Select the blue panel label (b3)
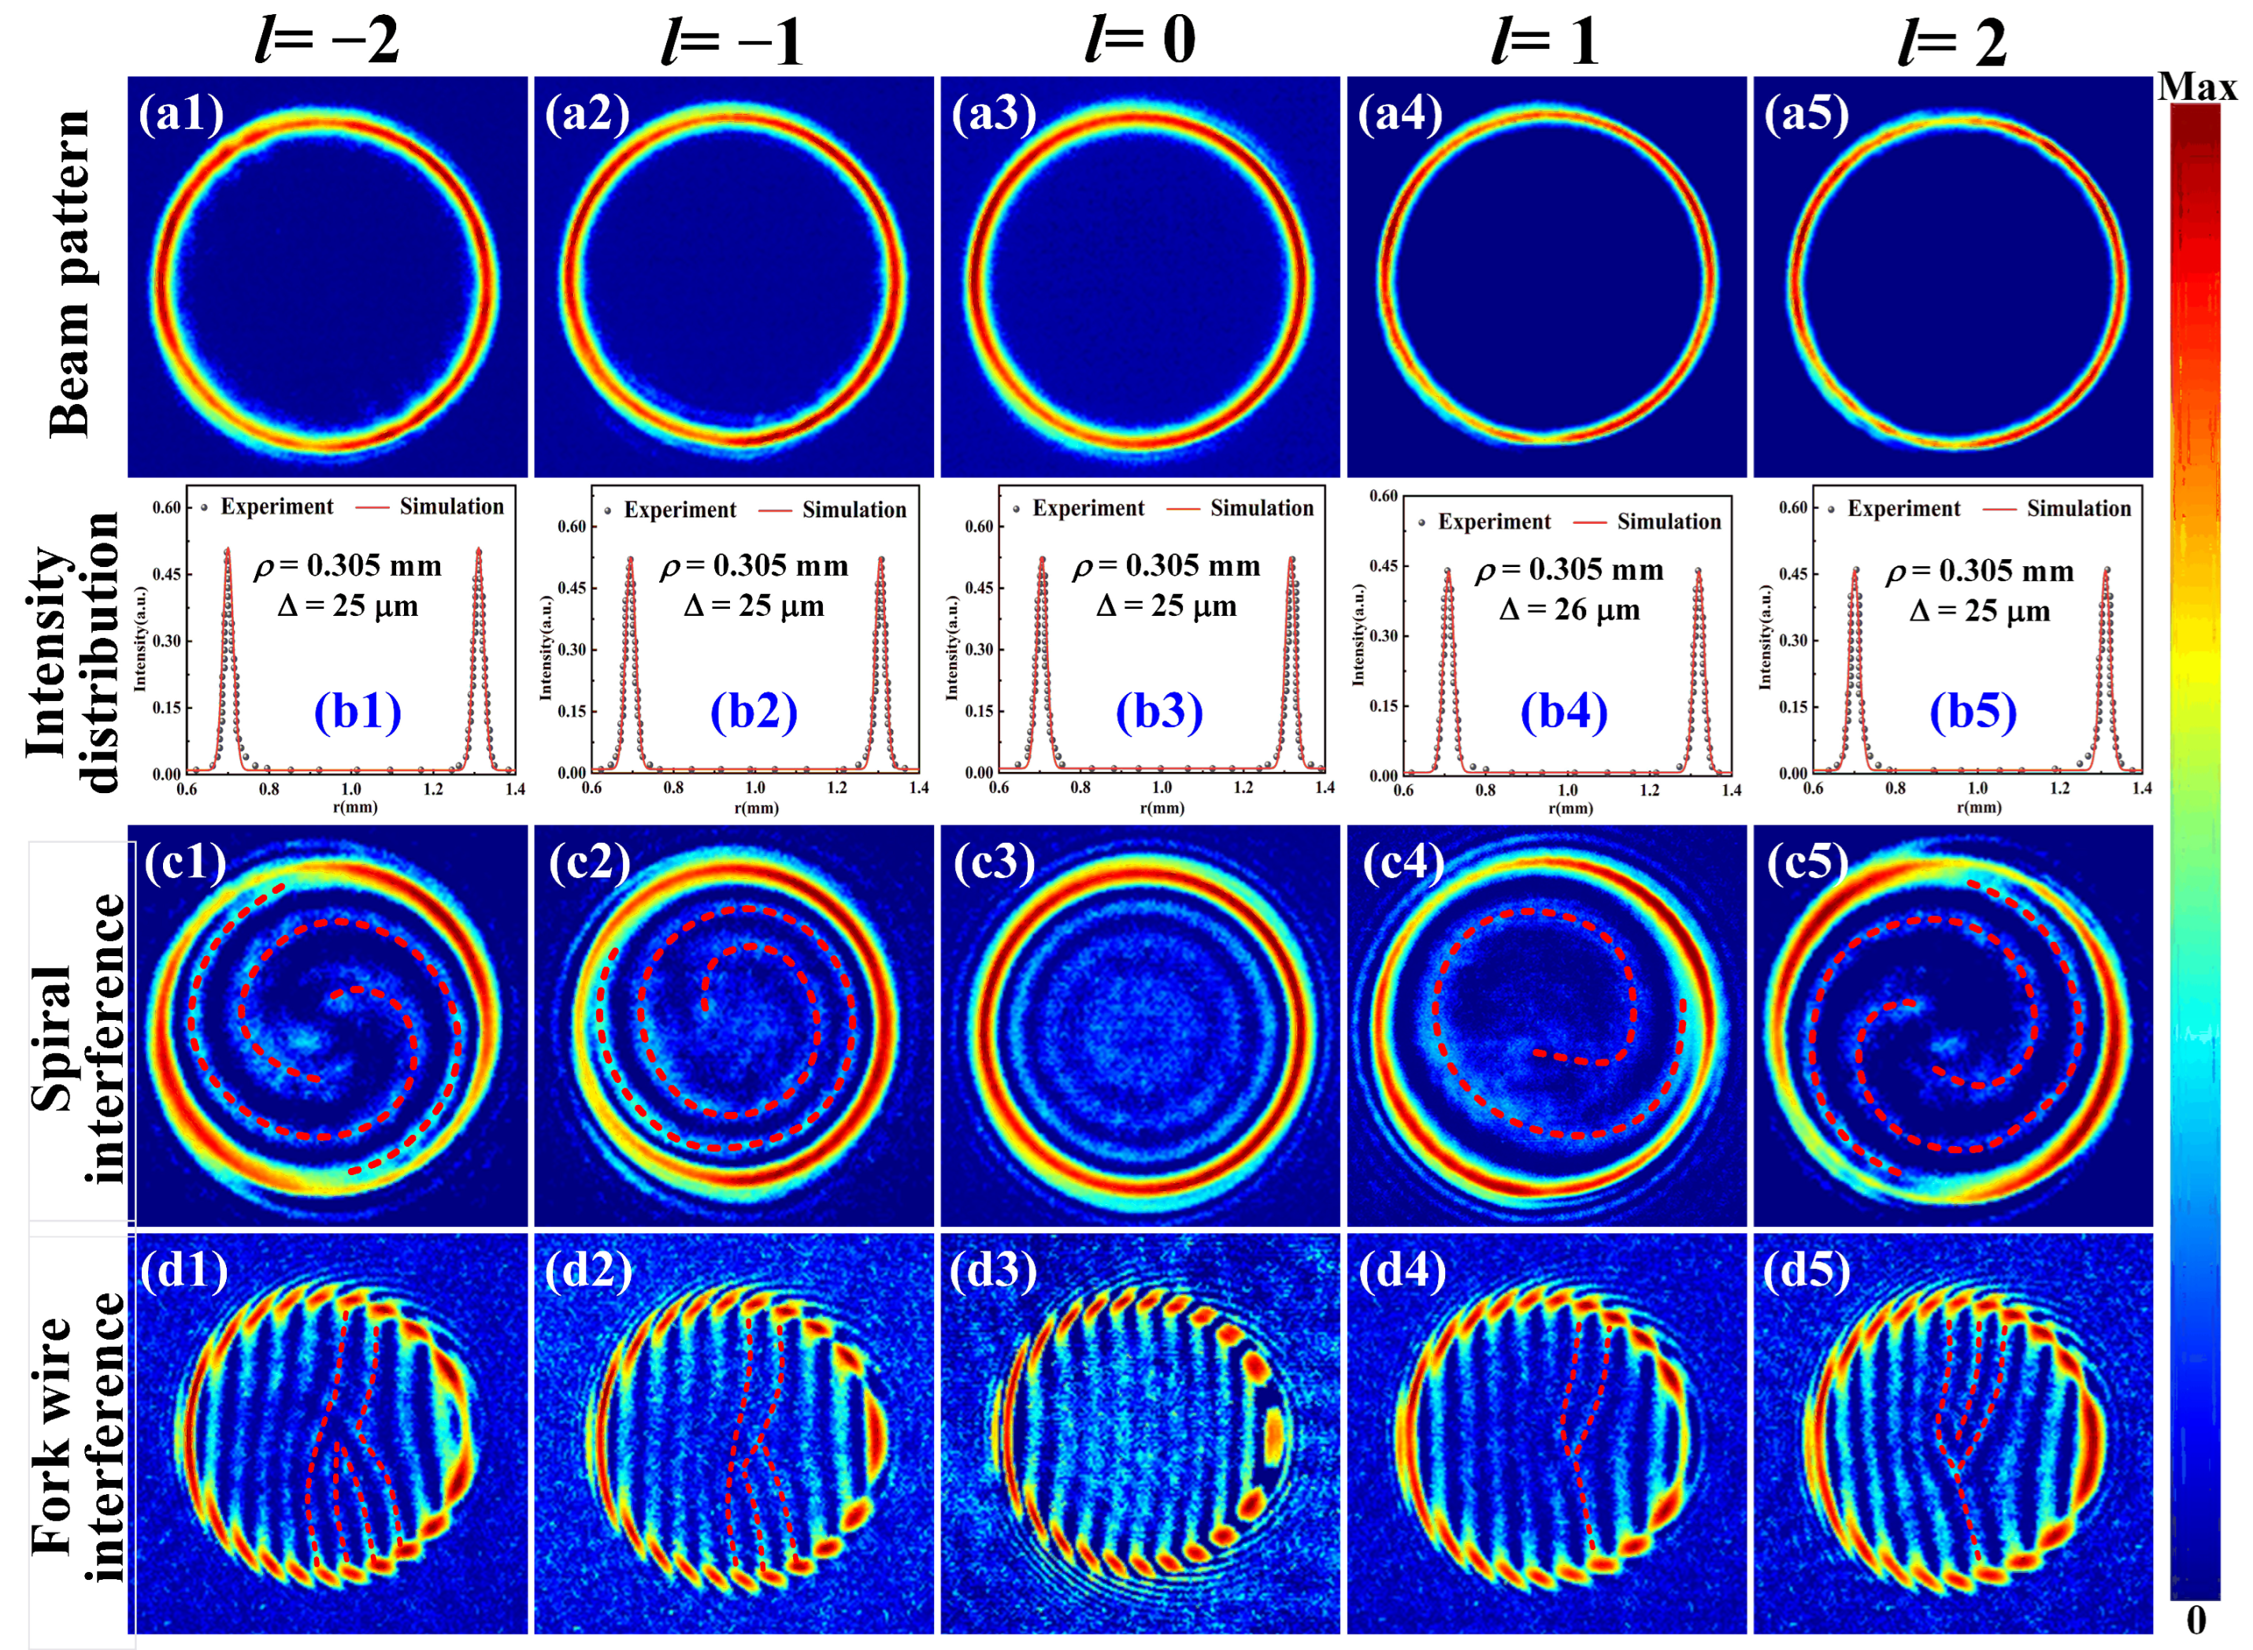pos(1159,711)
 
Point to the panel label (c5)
pos(1807,861)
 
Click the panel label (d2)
pos(588,1270)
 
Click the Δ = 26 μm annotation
pos(1569,610)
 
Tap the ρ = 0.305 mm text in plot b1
pos(347,566)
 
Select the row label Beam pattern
pos(70,275)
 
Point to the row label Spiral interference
pos(78,1039)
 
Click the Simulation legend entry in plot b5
pos(2078,508)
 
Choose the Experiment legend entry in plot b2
pos(679,510)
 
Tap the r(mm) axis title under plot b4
pos(1570,808)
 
